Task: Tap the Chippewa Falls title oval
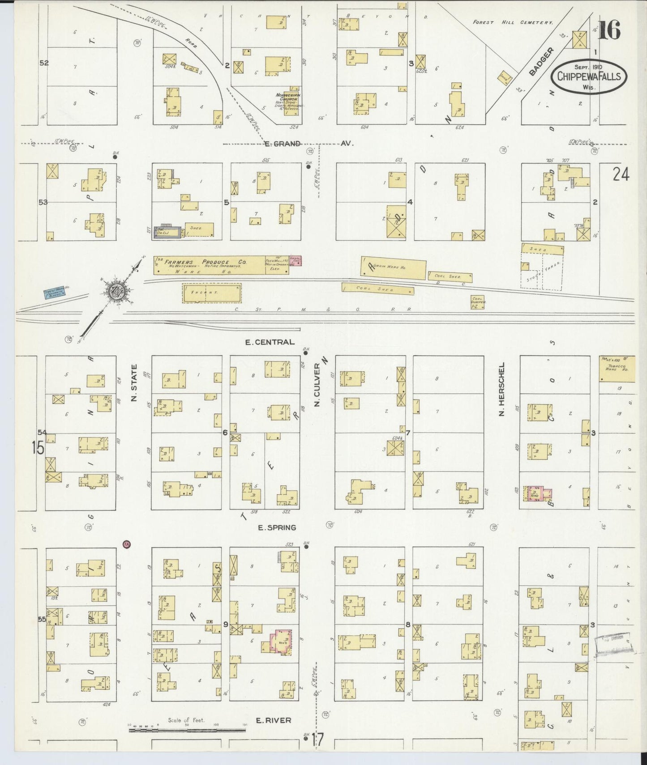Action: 589,76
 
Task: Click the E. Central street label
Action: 270,342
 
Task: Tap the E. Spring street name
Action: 276,527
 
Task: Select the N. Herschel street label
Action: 502,389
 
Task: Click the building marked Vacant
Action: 211,293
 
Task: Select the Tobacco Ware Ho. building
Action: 617,369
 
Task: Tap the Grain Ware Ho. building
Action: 394,268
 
